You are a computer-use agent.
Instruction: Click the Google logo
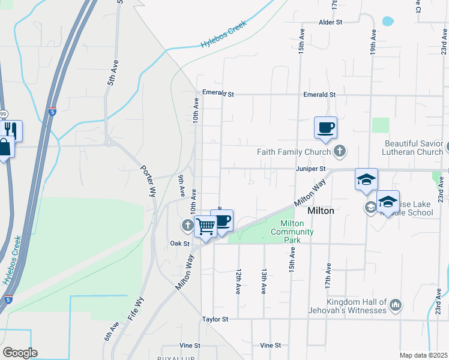20,353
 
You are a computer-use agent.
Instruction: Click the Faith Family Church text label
294,152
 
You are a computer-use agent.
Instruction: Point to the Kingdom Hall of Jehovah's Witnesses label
356,306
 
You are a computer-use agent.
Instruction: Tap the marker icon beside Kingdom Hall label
395,305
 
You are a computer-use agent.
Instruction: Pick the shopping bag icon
4,148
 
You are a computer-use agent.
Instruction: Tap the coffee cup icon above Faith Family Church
325,127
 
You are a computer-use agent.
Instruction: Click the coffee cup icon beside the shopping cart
222,220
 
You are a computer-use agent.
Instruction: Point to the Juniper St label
310,169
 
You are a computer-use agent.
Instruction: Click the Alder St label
330,22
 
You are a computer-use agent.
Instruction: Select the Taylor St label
215,320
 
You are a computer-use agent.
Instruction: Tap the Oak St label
179,244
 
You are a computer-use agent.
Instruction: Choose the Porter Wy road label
148,179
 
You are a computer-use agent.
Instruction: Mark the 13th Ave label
264,281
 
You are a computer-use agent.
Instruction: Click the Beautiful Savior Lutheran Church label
414,148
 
